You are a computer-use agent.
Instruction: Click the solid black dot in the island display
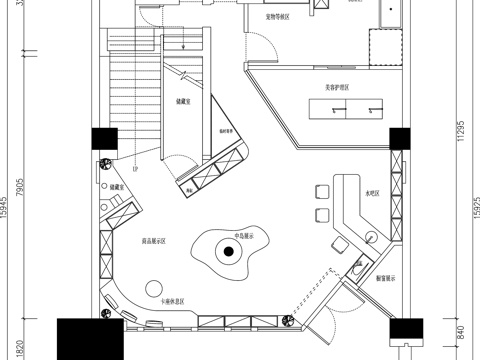229,252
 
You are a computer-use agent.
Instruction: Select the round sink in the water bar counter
370,237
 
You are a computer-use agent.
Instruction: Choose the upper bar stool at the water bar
322,190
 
